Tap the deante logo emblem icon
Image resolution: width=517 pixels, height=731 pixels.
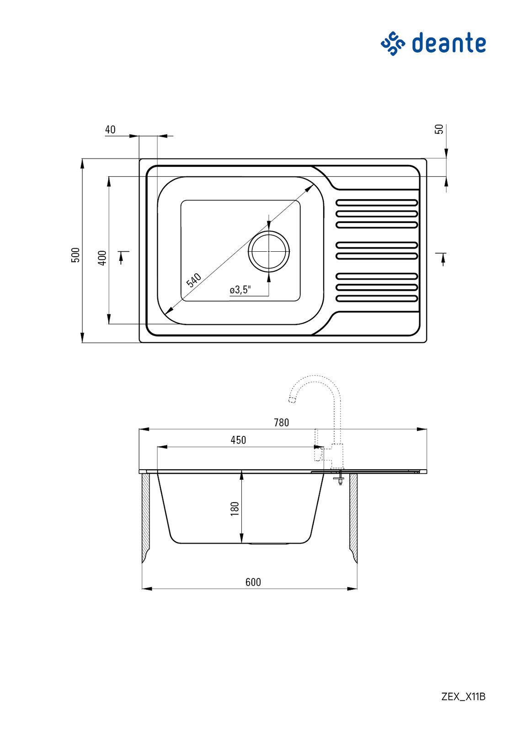[392, 43]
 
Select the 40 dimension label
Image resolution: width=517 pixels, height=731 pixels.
[110, 130]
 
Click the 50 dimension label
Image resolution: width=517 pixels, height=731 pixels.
[440, 129]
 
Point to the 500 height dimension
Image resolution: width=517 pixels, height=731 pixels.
[75, 255]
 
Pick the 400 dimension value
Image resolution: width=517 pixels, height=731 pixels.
[102, 258]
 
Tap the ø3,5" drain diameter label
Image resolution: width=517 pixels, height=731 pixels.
[240, 290]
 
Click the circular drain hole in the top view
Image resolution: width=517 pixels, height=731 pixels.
[269, 251]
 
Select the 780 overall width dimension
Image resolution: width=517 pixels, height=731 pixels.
[281, 423]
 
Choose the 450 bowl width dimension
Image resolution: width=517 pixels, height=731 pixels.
[238, 440]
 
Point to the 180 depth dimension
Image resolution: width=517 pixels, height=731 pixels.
[235, 509]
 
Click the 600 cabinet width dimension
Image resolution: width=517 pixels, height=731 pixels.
[253, 582]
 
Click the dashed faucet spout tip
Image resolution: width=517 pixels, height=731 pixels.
[292, 400]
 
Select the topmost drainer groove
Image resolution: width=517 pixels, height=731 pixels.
[377, 203]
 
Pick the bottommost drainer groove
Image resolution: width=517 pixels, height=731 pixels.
[377, 298]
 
